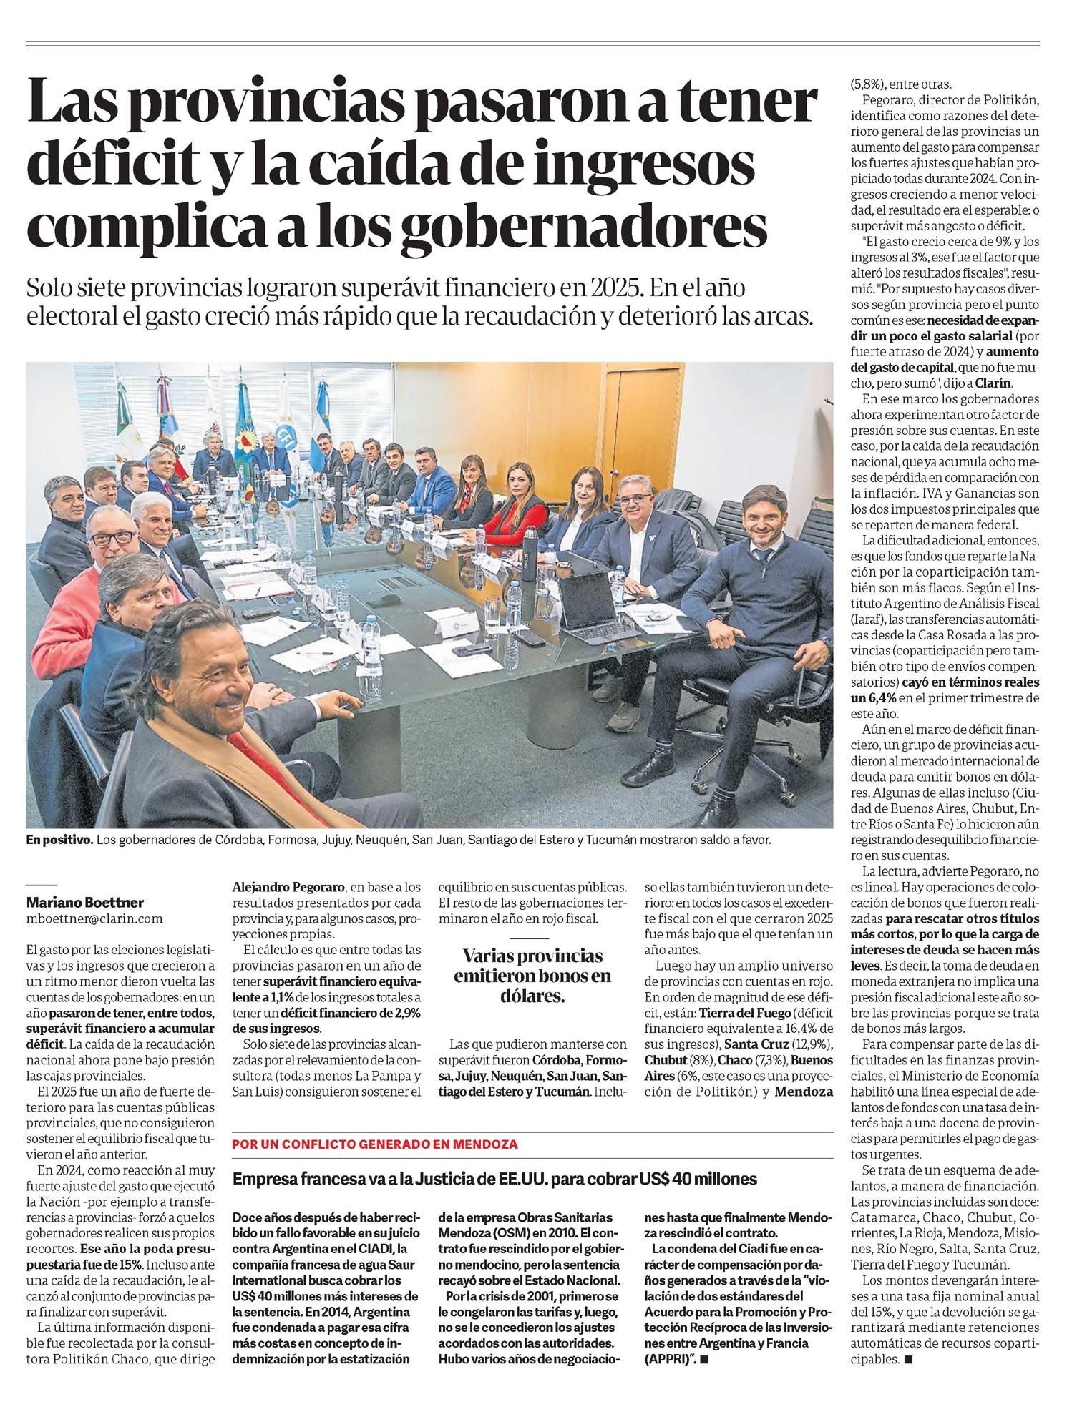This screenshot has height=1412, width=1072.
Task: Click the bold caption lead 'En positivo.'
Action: [x=59, y=840]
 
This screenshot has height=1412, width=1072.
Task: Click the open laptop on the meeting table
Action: [x=587, y=604]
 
